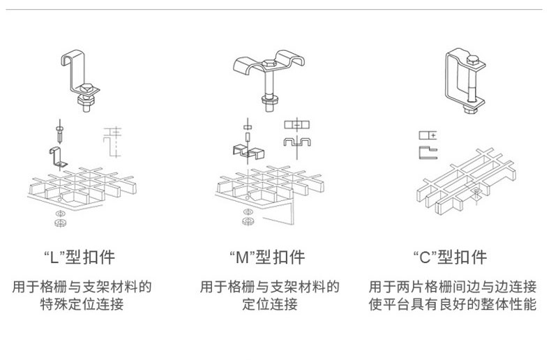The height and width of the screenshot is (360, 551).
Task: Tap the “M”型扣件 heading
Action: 267,257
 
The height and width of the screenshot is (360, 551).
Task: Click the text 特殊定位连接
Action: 82,304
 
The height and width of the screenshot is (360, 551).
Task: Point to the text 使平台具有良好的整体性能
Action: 453,304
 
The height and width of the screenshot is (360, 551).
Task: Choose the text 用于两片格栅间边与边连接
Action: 453,287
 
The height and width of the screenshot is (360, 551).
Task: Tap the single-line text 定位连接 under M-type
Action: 269,304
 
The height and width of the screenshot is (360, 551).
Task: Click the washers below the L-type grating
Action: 59,219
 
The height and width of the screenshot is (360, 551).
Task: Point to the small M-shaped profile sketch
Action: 296,143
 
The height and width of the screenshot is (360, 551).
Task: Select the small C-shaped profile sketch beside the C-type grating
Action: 428,151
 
